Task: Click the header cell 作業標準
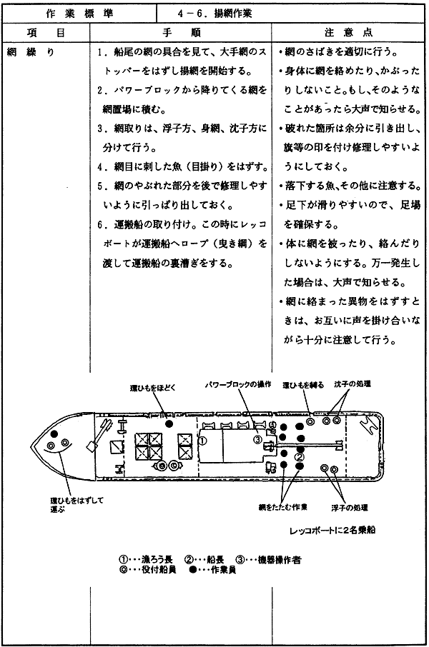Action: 80,14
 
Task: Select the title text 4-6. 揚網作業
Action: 214,14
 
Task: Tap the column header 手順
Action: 182,33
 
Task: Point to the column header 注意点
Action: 348,33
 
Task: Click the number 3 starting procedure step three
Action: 100,129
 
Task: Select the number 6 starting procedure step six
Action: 100,224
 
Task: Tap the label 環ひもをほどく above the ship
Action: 153,388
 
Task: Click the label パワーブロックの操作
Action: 238,384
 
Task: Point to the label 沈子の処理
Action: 352,383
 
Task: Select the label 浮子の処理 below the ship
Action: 349,508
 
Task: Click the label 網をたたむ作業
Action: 282,507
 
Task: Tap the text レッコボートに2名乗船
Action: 332,530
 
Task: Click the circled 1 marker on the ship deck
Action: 203,441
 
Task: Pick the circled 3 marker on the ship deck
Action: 257,439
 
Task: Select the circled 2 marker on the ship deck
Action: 300,457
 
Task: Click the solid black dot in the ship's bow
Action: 54,434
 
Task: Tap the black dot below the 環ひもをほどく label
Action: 169,423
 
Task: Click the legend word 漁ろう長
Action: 151,560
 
